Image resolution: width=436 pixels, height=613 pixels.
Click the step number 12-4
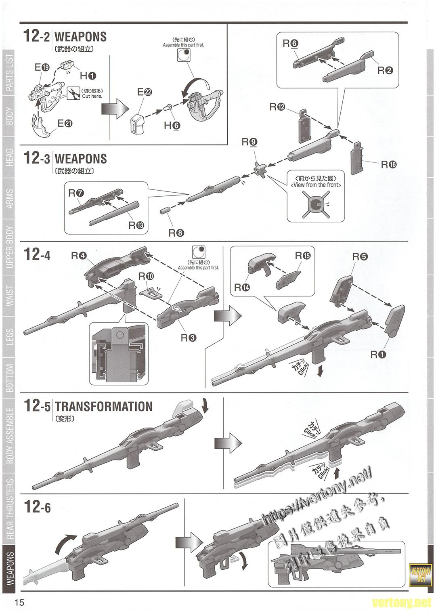(x=37, y=255)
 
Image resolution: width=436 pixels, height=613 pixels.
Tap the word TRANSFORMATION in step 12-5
(x=104, y=406)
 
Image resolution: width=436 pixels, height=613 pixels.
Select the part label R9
(x=249, y=142)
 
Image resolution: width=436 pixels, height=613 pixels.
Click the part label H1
(x=88, y=76)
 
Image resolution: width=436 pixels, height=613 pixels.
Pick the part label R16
(x=389, y=164)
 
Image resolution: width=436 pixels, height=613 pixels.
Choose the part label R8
(x=176, y=233)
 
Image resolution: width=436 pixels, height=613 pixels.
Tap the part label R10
(x=146, y=276)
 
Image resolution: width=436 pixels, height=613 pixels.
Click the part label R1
(x=378, y=354)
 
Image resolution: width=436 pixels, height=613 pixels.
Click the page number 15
(x=19, y=603)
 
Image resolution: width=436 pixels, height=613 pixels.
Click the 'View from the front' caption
(x=316, y=185)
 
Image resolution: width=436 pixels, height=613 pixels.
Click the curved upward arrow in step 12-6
(x=65, y=544)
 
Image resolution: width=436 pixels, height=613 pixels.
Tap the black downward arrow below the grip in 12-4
(x=320, y=371)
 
